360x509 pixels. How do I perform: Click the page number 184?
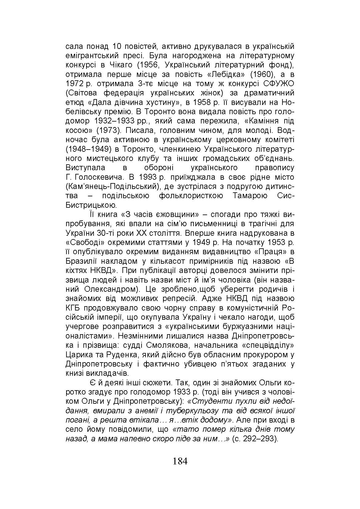coord(180,461)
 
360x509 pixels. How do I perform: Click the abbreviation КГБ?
coord(73,308)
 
